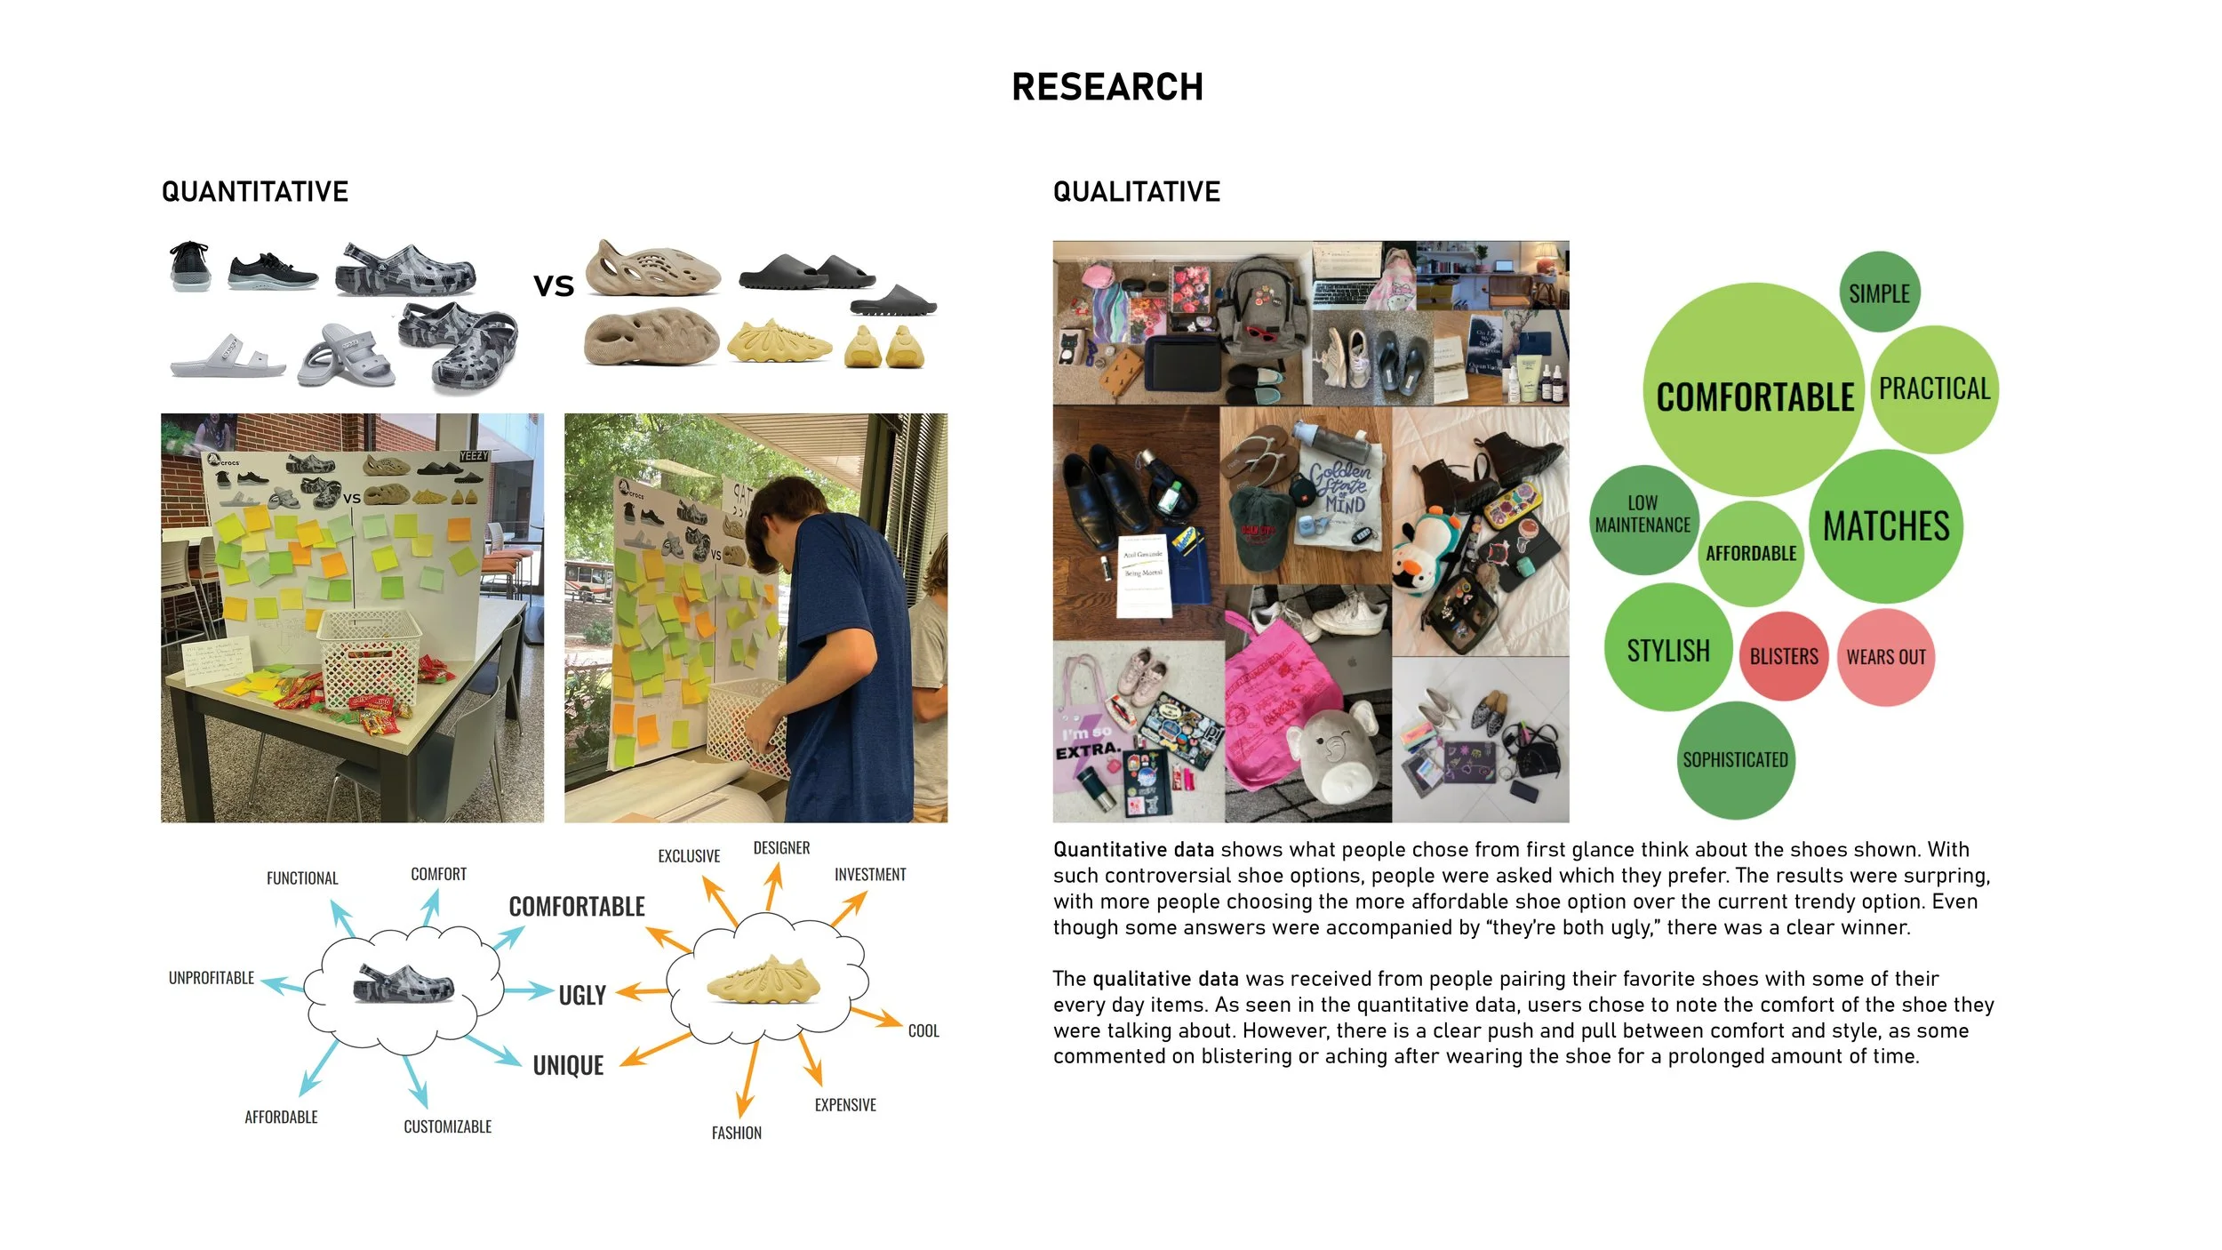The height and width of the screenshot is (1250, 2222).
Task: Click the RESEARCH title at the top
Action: (1107, 87)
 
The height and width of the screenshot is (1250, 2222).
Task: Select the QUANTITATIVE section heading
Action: (254, 191)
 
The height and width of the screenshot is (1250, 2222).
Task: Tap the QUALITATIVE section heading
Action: (1136, 191)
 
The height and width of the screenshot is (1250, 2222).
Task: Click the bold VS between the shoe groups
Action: (554, 285)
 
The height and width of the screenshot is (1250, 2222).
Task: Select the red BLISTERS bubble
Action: (1784, 656)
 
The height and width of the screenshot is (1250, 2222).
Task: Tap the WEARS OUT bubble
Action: (1886, 657)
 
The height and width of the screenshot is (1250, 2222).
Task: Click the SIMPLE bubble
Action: (1879, 292)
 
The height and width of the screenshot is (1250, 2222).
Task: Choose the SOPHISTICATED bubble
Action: (1735, 760)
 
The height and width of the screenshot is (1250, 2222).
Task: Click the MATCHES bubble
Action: (1886, 525)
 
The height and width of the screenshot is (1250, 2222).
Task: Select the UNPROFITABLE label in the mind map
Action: (212, 978)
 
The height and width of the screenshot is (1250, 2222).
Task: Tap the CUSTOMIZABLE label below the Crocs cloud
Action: (447, 1126)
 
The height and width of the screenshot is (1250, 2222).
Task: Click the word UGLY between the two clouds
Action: (582, 995)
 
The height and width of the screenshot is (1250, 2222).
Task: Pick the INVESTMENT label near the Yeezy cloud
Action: (870, 875)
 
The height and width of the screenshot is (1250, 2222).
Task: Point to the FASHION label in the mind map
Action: (736, 1133)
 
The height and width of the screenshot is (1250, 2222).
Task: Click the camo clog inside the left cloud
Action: (403, 984)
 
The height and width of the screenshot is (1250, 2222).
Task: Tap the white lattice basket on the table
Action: (369, 657)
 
